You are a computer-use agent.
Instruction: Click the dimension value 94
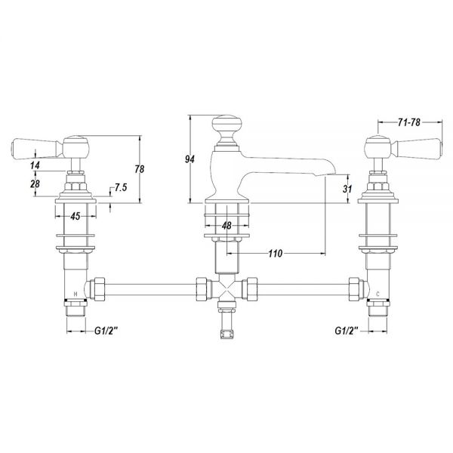click(190, 159)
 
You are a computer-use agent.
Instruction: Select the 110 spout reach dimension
click(275, 254)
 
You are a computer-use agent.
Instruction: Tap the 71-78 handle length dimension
click(408, 122)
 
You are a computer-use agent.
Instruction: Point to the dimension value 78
click(140, 169)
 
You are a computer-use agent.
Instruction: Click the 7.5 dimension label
click(121, 187)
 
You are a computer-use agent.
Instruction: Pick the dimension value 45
click(75, 216)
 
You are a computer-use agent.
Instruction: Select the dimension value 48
click(226, 225)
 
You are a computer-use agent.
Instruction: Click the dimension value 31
click(347, 189)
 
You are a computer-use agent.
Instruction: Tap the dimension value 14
click(35, 165)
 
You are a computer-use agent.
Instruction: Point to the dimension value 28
click(35, 183)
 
